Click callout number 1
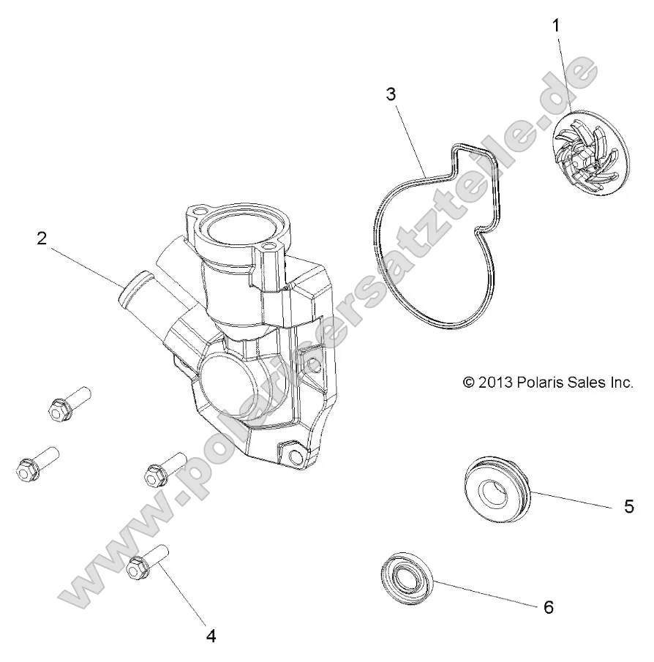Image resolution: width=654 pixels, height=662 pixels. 557,25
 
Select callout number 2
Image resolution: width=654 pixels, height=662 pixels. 42,238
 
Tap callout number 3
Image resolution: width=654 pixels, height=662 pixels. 391,94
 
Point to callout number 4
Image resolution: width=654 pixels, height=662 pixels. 211,636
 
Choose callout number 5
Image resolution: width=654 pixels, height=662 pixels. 628,506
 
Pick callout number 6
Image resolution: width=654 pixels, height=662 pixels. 549,606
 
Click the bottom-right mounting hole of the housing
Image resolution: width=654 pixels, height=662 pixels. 296,456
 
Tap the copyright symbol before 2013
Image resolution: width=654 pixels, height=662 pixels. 469,382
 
